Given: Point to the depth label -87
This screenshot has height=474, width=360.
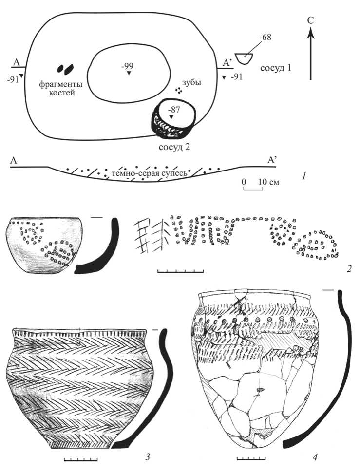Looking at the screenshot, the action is tap(174, 110).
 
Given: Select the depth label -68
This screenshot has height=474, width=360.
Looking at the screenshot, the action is tap(265, 37).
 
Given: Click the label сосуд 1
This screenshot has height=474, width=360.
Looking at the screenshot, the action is tap(276, 68).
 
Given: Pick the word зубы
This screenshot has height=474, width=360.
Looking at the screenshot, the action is tap(191, 82).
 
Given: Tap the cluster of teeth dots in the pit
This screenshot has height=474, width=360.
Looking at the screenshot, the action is tap(179, 90).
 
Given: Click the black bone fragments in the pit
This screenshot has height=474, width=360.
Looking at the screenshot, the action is tap(66, 69).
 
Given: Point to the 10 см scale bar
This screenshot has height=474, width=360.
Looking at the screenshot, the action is tap(253, 189).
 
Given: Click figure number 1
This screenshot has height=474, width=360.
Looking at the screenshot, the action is tap(304, 175).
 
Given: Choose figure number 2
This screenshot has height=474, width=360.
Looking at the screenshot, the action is tap(349, 268).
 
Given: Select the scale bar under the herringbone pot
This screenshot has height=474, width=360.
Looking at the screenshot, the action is tap(81, 459).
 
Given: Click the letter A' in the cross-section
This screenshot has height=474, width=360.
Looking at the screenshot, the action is tap(272, 160).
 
